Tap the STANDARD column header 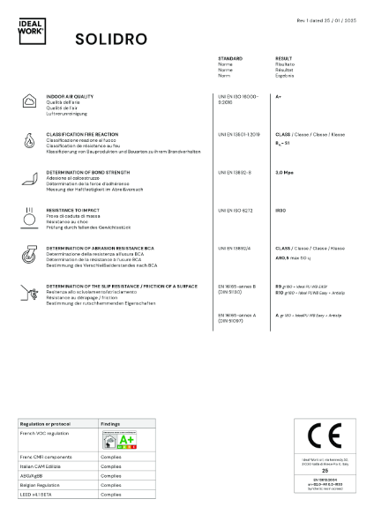point(230,57)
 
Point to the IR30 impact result point(281,211)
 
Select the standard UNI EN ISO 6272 point(236,211)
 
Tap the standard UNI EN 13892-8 point(235,173)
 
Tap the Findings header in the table point(110,423)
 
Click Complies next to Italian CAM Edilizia point(111,466)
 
